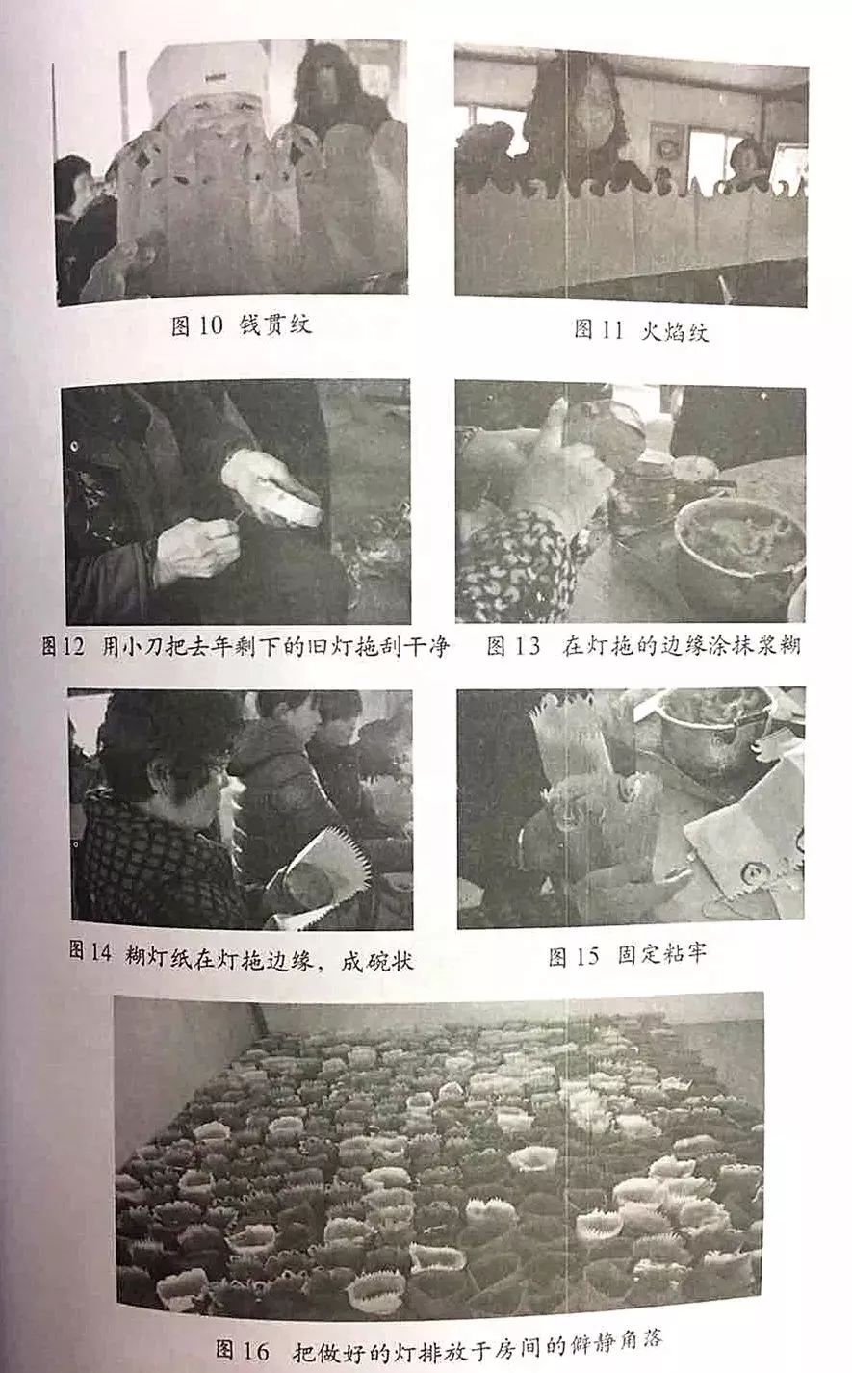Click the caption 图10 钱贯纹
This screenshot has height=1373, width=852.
click(241, 325)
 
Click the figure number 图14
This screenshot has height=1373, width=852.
click(90, 954)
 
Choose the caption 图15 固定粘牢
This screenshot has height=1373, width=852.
click(627, 955)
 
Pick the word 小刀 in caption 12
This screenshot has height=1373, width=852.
click(142, 646)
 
